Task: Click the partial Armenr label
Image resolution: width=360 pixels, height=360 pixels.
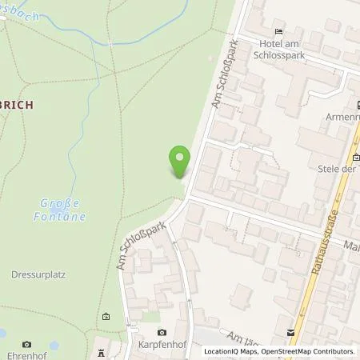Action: [339, 118]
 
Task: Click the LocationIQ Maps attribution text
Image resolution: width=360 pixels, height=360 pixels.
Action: [235, 351]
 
